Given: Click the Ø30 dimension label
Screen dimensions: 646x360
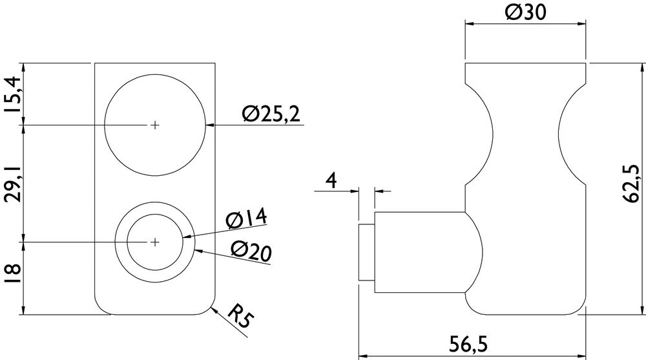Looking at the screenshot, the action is coord(525,12).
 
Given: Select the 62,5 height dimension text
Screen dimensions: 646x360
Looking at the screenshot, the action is coord(630,183).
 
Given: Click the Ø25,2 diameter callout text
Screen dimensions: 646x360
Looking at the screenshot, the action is coord(271,114).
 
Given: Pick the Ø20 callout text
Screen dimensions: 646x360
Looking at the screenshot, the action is coord(251,251).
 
